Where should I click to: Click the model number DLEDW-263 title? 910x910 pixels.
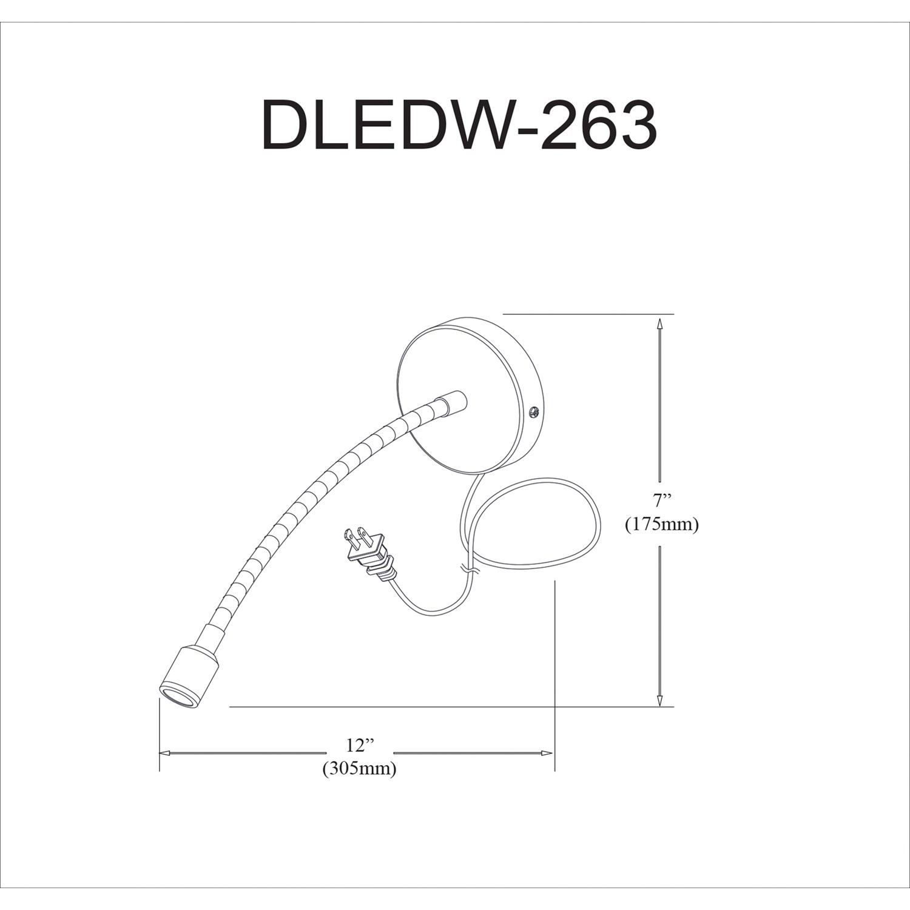tap(459, 126)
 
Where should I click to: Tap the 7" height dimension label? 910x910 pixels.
tap(662, 500)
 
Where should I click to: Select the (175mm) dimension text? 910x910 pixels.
tap(662, 524)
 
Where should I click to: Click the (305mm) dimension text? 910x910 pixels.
tap(360, 769)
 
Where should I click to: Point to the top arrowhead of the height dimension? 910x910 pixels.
tap(659, 325)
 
